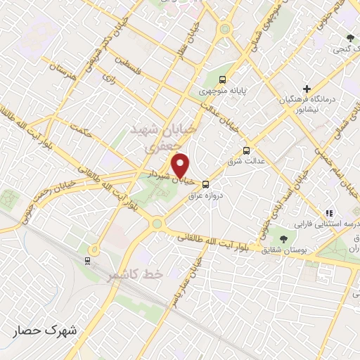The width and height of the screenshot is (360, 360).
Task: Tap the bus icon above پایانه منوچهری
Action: click(x=222, y=79)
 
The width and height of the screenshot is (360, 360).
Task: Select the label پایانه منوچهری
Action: click(x=223, y=91)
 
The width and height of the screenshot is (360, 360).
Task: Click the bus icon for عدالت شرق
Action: click(x=246, y=150)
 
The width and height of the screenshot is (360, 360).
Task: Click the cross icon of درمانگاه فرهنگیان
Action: click(x=306, y=89)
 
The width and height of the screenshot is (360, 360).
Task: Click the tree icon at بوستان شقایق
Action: click(x=283, y=239)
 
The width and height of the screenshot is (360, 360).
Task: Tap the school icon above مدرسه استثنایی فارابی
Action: click(x=327, y=212)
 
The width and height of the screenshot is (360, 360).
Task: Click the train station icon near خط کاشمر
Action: click(x=87, y=260)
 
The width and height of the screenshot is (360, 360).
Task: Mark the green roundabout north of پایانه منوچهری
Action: click(x=224, y=30)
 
